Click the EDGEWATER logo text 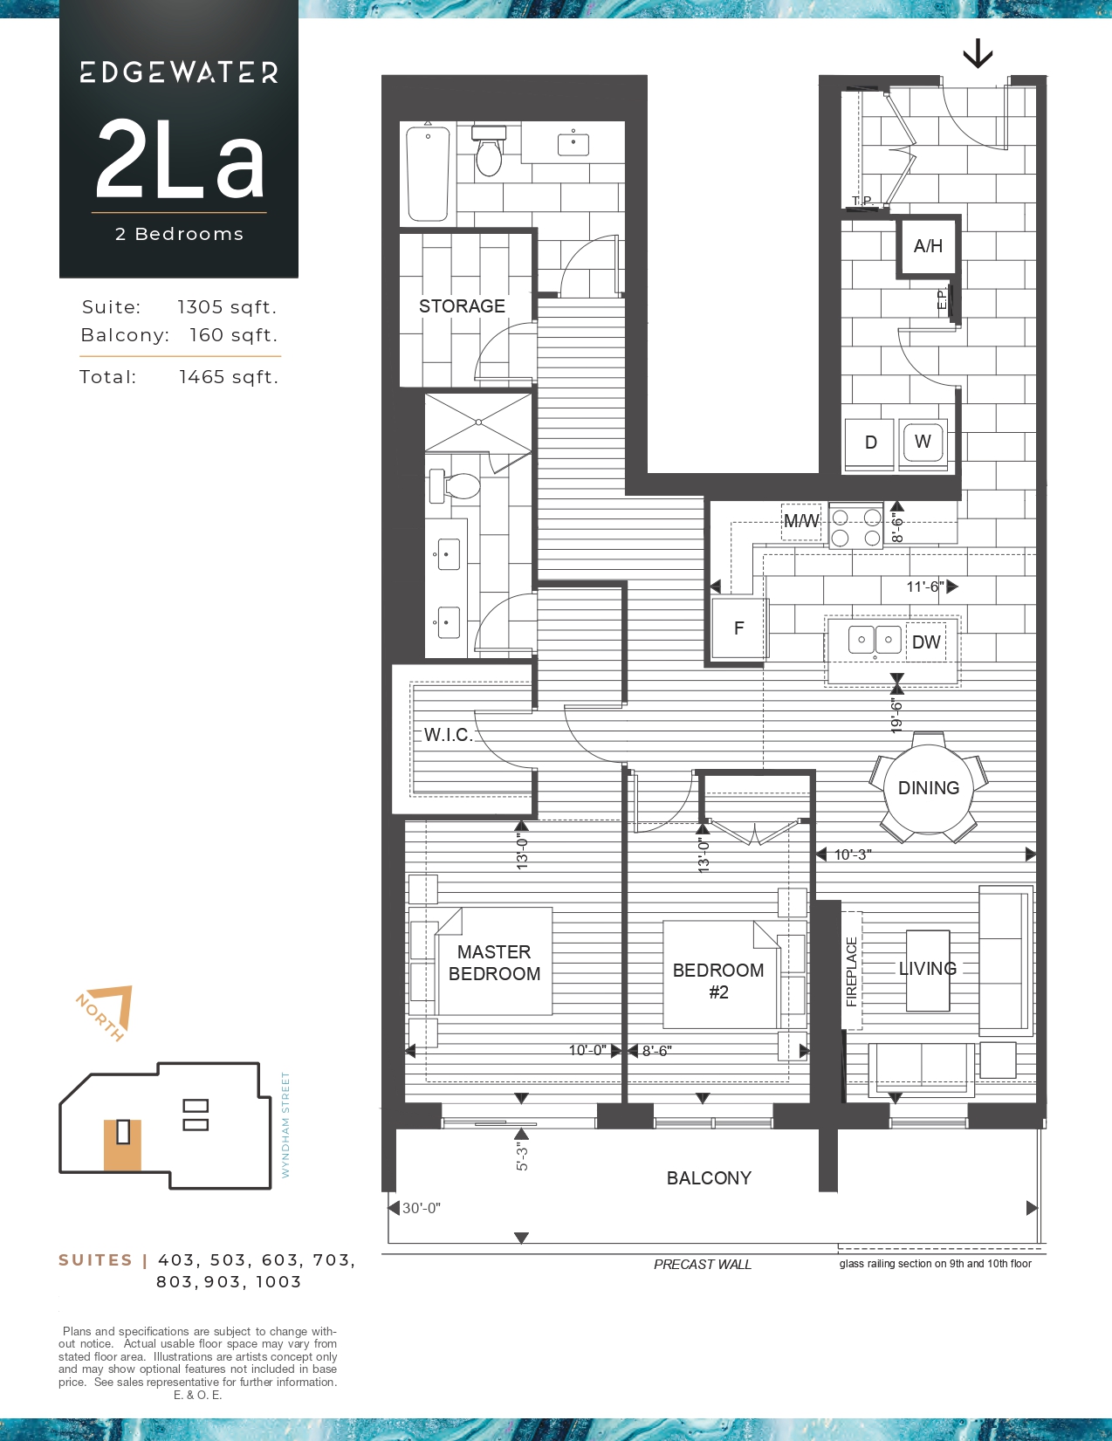pos(179,72)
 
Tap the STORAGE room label pos(462,305)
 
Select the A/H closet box pos(929,246)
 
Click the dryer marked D pos(870,442)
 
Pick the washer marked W pos(923,441)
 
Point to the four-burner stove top pos(856,527)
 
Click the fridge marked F pos(739,628)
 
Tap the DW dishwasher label pos(926,642)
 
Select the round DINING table pos(929,788)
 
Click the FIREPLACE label pos(852,971)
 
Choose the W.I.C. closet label pos(449,735)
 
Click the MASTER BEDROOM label pos(494,963)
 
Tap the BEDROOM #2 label pos(718,981)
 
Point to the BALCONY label pos(709,1177)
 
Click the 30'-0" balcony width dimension pos(422,1208)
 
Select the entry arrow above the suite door pos(978,54)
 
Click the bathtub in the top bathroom pos(428,173)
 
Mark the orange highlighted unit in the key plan pos(123,1145)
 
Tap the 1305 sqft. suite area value pos(227,307)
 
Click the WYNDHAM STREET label pos(285,1125)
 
